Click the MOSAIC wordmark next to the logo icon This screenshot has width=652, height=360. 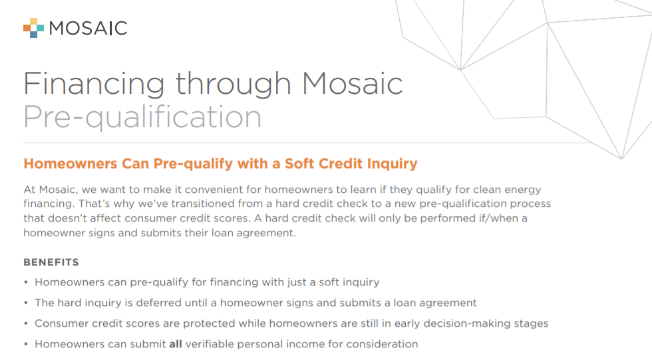(88, 28)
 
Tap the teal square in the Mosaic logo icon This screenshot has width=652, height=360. (41, 28)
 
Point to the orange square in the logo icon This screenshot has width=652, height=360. (27, 28)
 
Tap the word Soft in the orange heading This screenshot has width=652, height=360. (300, 164)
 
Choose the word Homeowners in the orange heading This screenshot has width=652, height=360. (71, 164)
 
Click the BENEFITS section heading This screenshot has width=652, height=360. (51, 262)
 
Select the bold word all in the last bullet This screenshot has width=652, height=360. (176, 344)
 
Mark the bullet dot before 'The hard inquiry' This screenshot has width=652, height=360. (26, 303)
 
